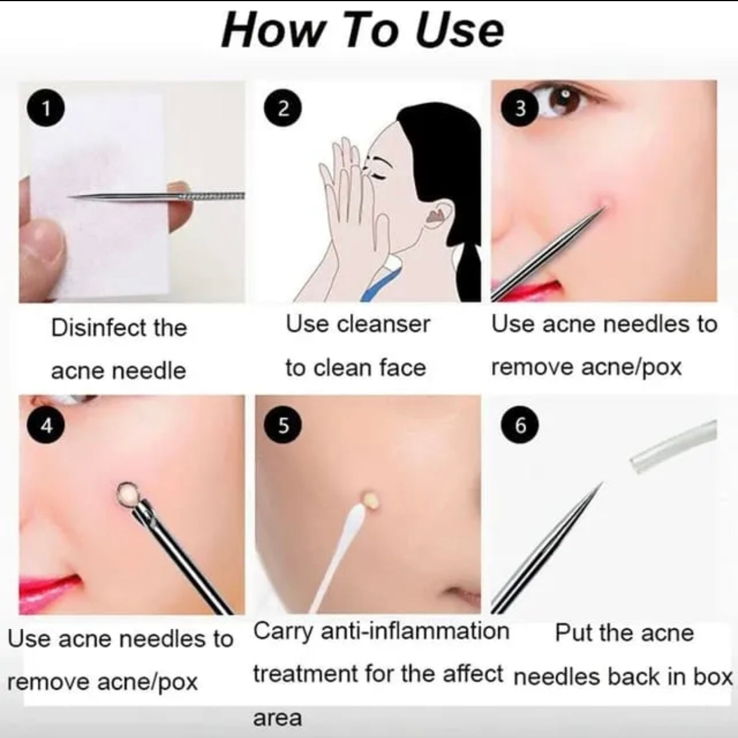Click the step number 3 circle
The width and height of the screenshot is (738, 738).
(x=519, y=108)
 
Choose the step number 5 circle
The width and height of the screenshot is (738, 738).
(x=283, y=425)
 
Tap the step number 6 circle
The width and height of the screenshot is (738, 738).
(x=519, y=425)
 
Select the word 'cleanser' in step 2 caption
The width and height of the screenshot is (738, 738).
(x=383, y=325)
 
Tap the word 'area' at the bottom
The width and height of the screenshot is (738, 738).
(x=277, y=717)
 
